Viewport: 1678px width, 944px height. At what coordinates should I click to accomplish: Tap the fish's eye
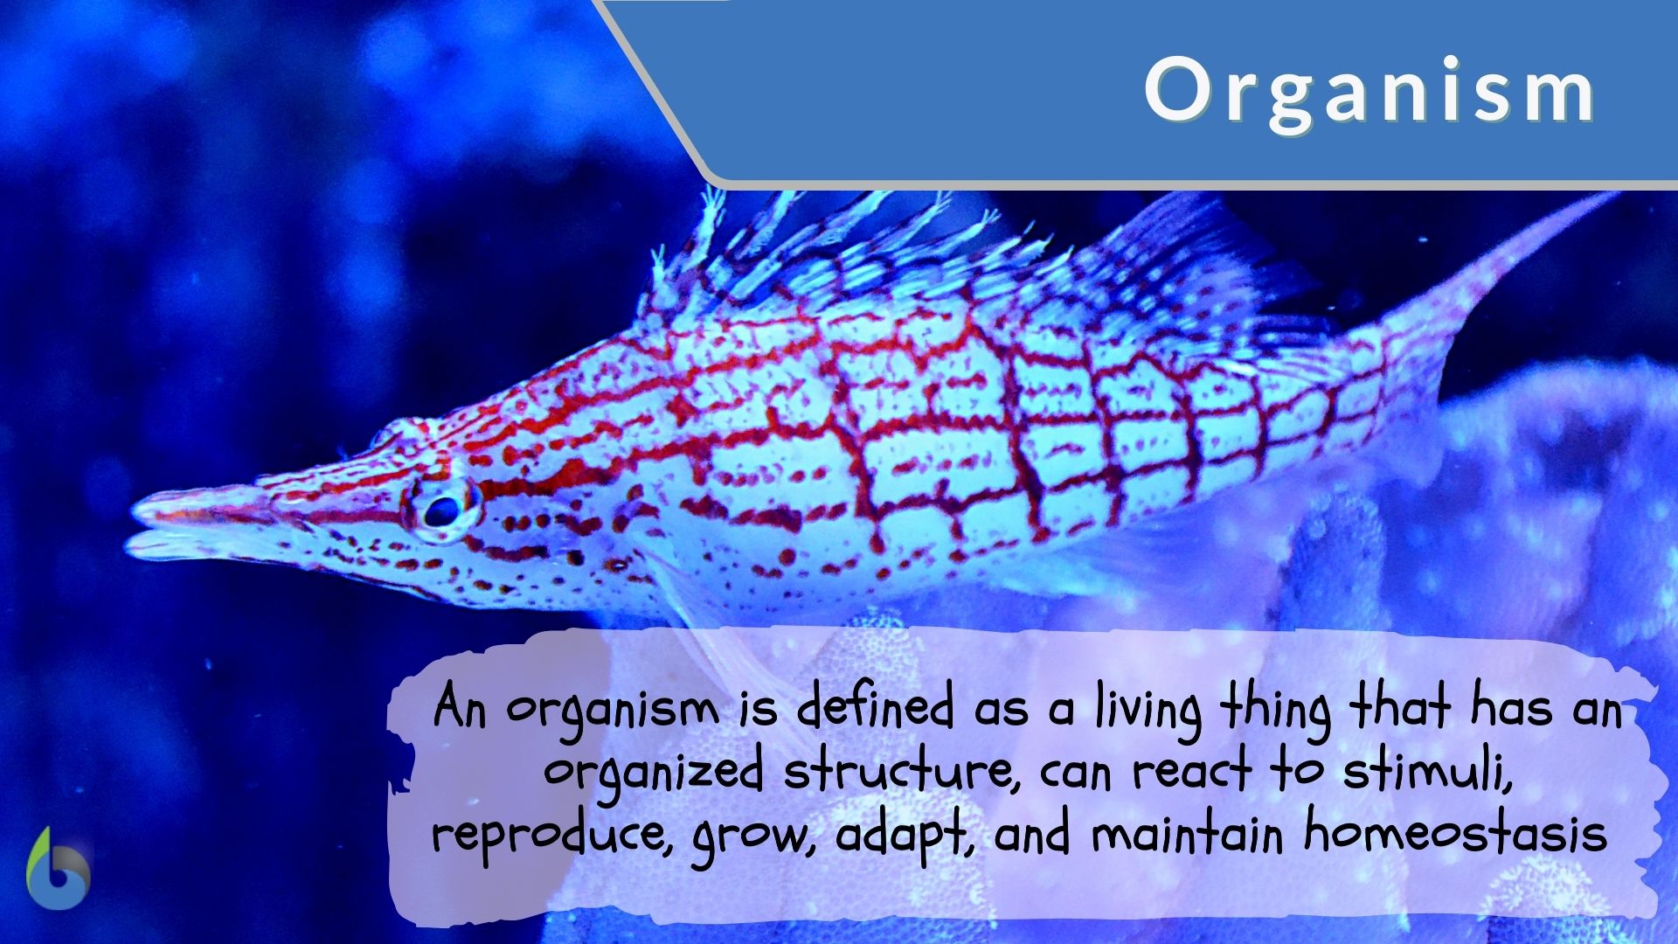tap(442, 510)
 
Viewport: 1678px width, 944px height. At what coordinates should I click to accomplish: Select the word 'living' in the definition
tap(1146, 709)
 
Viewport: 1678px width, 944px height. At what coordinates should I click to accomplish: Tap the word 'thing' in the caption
tap(1275, 709)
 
